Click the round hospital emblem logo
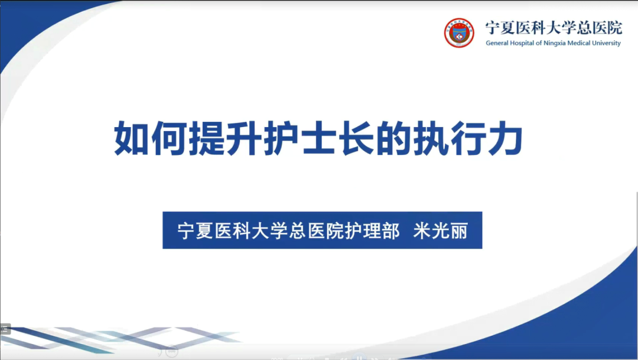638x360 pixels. (x=459, y=33)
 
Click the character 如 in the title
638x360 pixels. (x=131, y=140)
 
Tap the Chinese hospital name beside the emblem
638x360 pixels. (x=553, y=27)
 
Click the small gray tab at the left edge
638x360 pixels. (x=5, y=329)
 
